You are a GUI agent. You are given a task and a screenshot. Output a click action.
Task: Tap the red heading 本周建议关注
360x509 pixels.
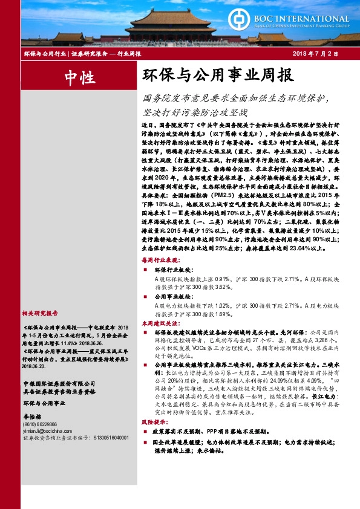click(157, 324)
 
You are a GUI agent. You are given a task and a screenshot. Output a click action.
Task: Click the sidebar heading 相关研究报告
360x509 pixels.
click(40, 313)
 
